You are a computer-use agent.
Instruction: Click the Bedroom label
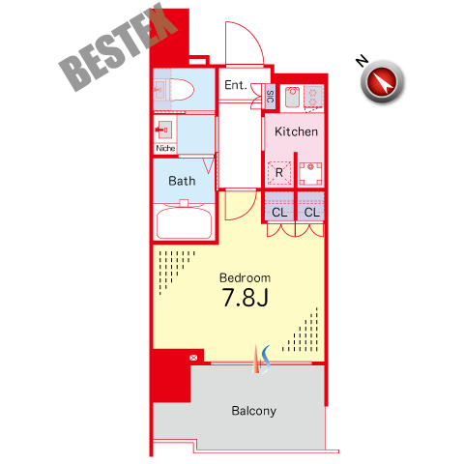(x=245, y=277)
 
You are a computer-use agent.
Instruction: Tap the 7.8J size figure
(x=245, y=298)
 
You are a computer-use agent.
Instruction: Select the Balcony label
(x=254, y=411)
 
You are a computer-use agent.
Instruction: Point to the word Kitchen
(x=296, y=131)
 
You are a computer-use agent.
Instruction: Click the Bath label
(x=182, y=181)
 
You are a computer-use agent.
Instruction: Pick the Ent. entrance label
(x=236, y=85)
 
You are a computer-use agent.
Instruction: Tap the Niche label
(x=165, y=148)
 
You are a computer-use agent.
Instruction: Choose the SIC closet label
(x=271, y=97)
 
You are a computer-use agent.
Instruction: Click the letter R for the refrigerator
(x=279, y=173)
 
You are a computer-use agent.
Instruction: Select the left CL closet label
(x=279, y=213)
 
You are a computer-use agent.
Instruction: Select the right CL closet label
(x=311, y=213)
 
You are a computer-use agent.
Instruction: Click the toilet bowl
(x=182, y=89)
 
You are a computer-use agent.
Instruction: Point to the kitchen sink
(x=293, y=96)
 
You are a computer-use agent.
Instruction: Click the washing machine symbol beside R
(x=310, y=174)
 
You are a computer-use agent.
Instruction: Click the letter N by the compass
(x=362, y=60)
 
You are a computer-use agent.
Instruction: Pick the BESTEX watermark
(x=118, y=47)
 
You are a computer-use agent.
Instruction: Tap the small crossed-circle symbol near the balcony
(x=193, y=358)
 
